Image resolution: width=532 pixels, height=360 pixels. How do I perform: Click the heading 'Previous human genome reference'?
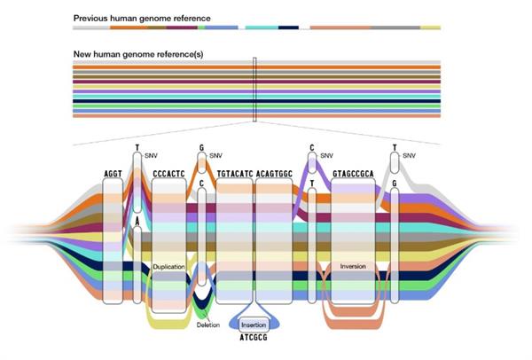click(x=142, y=19)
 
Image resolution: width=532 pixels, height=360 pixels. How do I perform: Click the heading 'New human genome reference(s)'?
click(x=138, y=54)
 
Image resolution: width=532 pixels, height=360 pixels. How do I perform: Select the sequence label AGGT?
click(x=113, y=174)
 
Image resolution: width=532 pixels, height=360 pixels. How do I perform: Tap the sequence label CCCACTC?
click(x=169, y=174)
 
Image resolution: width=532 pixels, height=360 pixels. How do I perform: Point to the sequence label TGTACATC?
click(x=235, y=174)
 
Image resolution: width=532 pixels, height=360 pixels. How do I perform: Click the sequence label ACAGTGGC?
click(x=274, y=174)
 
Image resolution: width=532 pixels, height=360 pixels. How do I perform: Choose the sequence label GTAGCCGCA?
click(x=353, y=174)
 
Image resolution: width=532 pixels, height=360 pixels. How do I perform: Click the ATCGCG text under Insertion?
click(x=254, y=338)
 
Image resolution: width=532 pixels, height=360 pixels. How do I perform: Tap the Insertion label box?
click(x=254, y=325)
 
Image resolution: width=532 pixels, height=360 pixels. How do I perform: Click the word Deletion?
click(x=208, y=325)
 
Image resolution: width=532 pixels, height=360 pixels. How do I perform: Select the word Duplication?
click(x=168, y=267)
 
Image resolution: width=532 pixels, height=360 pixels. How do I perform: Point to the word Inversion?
click(x=353, y=266)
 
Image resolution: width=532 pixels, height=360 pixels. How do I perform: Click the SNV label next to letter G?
click(x=215, y=156)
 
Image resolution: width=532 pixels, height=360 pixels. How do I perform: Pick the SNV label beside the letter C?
click(x=326, y=156)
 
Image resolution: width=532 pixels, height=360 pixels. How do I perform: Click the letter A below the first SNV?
click(x=137, y=222)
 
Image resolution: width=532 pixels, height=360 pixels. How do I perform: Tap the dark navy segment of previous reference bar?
click(x=288, y=27)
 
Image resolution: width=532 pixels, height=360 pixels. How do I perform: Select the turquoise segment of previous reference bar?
click(x=262, y=27)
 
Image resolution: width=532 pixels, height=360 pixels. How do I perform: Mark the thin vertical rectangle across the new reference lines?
click(x=254, y=90)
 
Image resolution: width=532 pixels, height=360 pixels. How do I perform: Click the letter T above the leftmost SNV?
click(x=137, y=147)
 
